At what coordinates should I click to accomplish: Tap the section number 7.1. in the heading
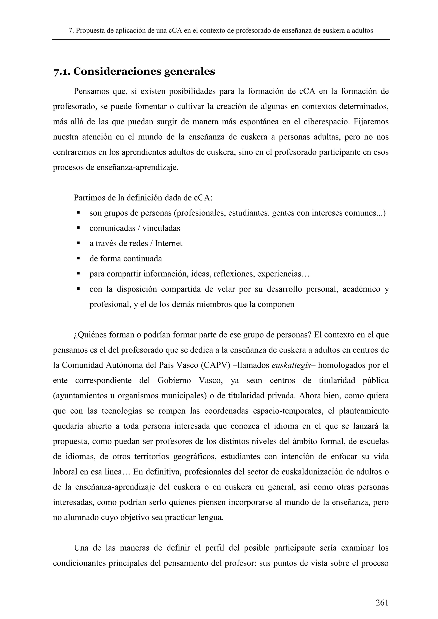click(x=62, y=72)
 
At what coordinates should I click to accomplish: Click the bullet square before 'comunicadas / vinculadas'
click(x=78, y=228)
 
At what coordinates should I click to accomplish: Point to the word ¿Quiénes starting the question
click(x=90, y=335)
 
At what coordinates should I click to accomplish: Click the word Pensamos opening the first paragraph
click(x=91, y=91)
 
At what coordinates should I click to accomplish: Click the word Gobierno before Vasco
click(x=174, y=381)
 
